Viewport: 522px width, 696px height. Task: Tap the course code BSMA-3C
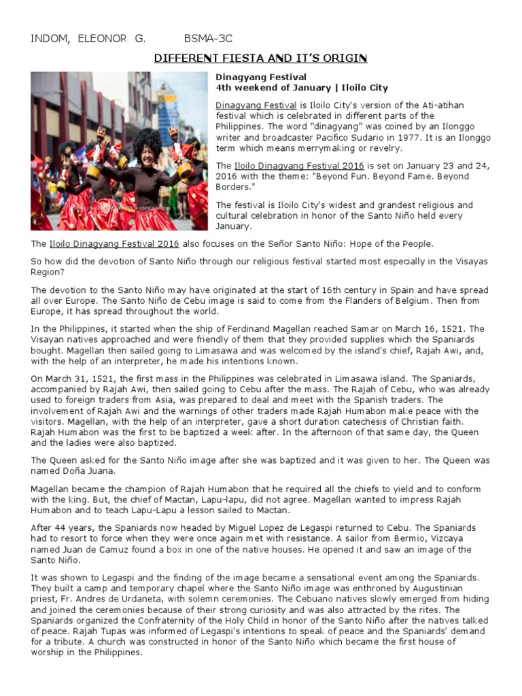point(208,39)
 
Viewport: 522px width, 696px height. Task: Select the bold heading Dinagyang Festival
point(261,77)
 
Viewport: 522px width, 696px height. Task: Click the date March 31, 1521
point(75,379)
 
